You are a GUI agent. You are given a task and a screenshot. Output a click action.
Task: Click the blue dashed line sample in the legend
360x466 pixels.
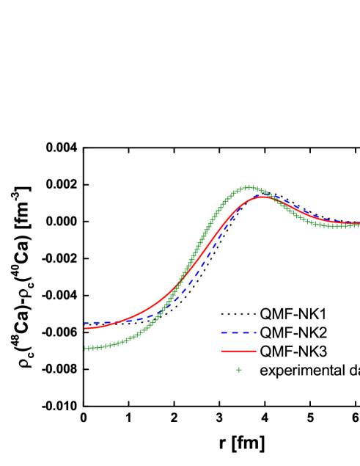tap(238, 332)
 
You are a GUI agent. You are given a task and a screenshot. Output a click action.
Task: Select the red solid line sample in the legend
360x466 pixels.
tap(238, 351)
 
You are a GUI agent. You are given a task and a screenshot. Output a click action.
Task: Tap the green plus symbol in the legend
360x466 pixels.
tap(238, 370)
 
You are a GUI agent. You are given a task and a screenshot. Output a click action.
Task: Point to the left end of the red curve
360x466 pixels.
tap(85, 328)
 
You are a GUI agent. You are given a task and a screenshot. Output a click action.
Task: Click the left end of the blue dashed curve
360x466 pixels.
tap(85, 323)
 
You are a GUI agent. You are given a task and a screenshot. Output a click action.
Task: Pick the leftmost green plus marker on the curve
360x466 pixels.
tap(86, 349)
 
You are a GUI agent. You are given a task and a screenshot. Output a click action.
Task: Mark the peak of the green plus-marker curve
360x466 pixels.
tap(249, 187)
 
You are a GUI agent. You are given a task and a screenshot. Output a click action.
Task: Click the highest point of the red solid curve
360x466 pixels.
tap(263, 197)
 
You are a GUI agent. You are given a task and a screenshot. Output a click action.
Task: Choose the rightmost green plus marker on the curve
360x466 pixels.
tap(359, 225)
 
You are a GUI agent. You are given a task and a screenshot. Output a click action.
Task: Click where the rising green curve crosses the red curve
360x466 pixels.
tap(180, 283)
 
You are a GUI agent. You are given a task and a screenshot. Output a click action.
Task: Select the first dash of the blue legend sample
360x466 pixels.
tap(224, 332)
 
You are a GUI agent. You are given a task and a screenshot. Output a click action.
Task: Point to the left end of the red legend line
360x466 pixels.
tap(221, 351)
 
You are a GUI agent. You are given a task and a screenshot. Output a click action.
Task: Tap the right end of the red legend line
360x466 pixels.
tap(256, 351)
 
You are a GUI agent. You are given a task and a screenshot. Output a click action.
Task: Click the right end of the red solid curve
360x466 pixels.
tap(359, 223)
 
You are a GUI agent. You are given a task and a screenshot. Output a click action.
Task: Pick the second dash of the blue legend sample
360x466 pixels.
tap(234, 332)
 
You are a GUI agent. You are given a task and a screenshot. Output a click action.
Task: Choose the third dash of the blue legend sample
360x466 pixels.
tap(243, 332)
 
